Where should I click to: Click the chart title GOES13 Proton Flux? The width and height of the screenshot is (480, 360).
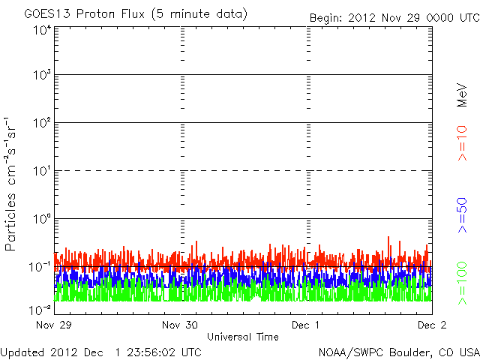coord(136,14)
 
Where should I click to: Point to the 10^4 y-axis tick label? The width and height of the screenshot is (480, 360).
coord(41,31)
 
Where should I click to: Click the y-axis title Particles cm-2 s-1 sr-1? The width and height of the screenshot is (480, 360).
coord(13,184)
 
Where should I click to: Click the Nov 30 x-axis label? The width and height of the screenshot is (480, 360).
coord(181,325)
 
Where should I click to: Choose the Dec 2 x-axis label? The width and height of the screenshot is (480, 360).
coord(432,325)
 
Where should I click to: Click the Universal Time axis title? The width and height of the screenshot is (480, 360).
coord(242,337)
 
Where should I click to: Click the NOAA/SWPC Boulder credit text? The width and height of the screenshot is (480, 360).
coord(398,352)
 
